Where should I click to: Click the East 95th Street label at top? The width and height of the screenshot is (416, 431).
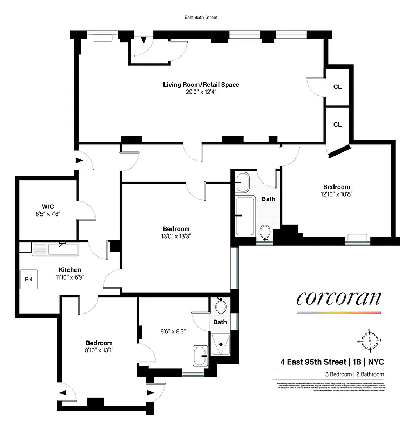(x=201, y=17)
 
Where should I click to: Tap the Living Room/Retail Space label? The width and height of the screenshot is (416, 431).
(x=201, y=85)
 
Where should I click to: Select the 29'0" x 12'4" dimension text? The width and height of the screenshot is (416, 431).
(x=201, y=92)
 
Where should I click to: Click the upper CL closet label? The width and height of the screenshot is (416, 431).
(x=337, y=86)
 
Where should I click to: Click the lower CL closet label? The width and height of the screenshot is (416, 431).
(x=337, y=124)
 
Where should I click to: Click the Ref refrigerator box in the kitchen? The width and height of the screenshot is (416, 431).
(x=29, y=280)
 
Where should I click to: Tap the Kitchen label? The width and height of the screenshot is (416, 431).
(x=70, y=270)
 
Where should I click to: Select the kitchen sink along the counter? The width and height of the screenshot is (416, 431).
(x=56, y=249)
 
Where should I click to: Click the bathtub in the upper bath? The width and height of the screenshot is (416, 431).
(x=247, y=217)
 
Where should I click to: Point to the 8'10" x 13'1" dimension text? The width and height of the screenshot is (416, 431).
(x=99, y=350)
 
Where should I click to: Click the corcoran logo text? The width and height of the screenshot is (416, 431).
(x=338, y=298)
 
